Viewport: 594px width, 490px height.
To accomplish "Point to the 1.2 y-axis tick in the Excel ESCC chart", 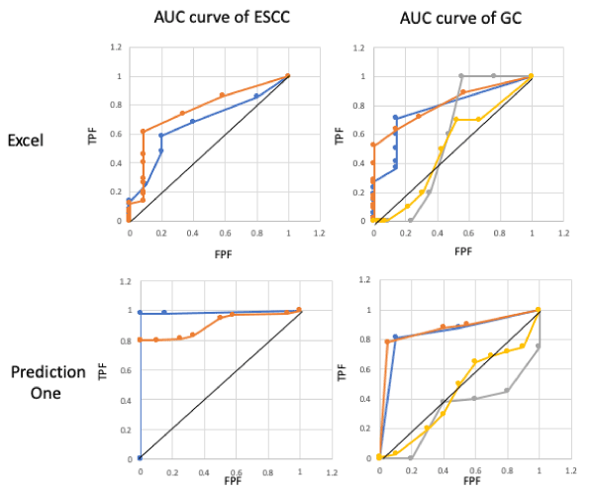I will click(x=116, y=48).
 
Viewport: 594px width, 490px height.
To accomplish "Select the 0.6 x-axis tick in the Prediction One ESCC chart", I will click(x=236, y=471).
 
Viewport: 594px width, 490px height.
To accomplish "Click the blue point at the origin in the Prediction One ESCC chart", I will click(x=140, y=457).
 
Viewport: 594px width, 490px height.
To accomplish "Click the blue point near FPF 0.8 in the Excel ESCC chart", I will click(x=256, y=96).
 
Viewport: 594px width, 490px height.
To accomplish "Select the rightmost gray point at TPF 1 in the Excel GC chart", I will click(x=493, y=76).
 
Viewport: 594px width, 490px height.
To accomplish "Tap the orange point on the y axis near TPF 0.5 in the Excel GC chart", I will click(x=373, y=146).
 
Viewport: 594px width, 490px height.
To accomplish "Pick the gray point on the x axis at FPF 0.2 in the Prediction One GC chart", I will click(x=410, y=457).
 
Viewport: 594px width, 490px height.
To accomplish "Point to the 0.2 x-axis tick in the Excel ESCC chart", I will click(x=161, y=234).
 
